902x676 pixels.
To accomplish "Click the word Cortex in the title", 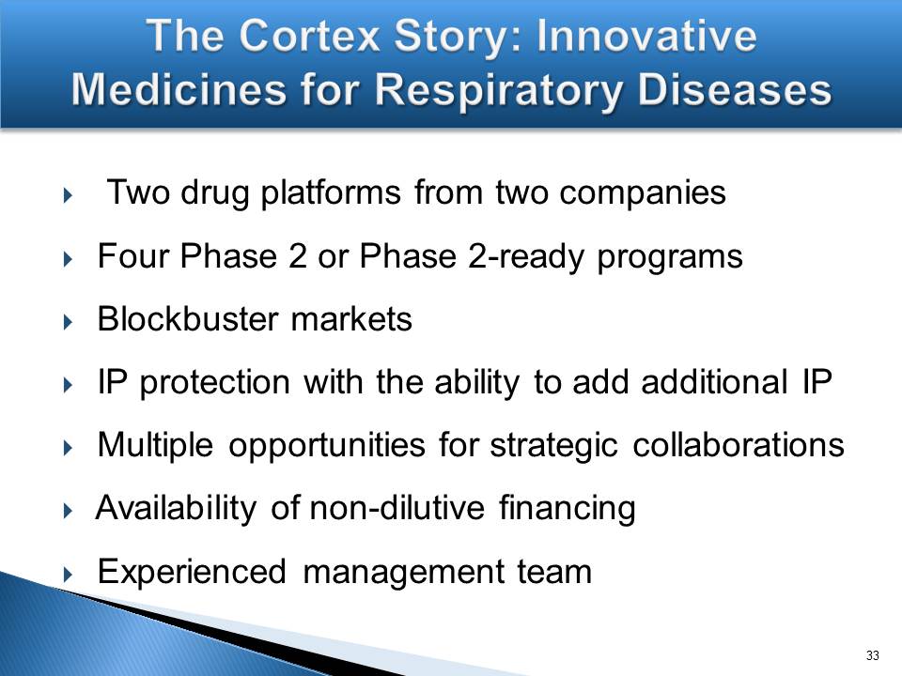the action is [311, 36].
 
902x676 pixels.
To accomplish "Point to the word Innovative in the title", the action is [646, 36].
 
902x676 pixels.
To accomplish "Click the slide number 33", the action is [872, 655].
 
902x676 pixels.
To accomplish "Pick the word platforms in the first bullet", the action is [331, 193].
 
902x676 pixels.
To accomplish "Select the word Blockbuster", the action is [188, 318].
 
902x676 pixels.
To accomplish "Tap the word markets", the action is [351, 318].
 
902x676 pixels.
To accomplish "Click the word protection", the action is [214, 383].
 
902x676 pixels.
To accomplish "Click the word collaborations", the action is [739, 445].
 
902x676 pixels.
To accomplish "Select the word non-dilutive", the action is [397, 508].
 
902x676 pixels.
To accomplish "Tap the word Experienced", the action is [192, 573].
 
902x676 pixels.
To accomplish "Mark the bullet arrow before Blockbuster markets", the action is [69, 321].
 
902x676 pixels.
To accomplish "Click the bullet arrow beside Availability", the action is [69, 511].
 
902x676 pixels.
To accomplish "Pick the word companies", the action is [643, 193].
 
